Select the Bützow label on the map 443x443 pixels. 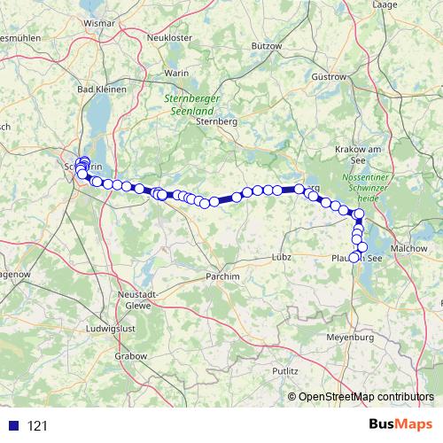(266, 45)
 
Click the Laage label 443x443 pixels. (386, 5)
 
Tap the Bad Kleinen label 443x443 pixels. (101, 89)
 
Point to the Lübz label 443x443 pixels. (281, 257)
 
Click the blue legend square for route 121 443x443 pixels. (13, 426)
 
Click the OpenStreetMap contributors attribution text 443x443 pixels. (368, 398)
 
